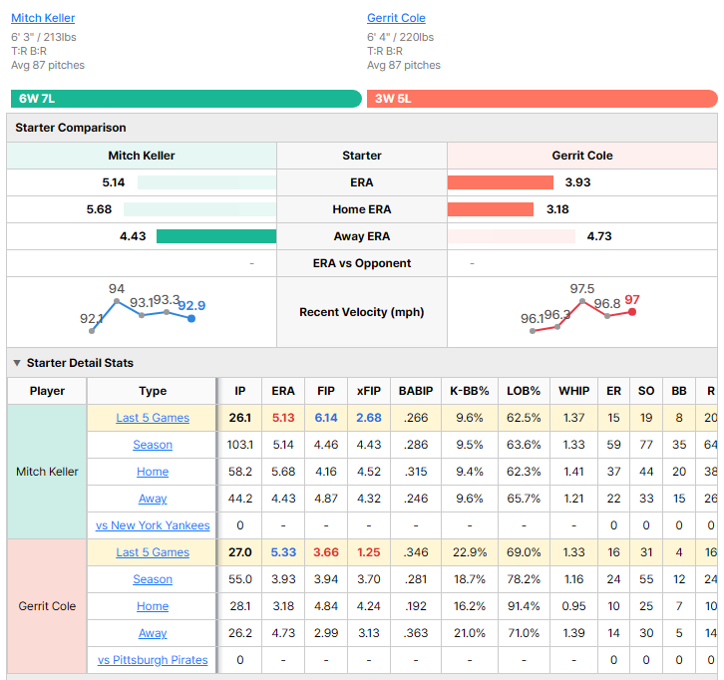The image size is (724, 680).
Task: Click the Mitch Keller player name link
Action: pos(43,18)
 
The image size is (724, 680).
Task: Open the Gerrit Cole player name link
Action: pos(396,18)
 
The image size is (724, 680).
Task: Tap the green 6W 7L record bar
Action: pos(186,99)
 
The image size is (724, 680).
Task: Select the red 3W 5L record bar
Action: pos(543,99)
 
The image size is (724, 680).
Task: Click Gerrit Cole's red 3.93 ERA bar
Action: pos(500,182)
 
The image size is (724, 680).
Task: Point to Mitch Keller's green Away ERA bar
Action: pos(216,236)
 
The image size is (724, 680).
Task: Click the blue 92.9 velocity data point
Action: pos(191,318)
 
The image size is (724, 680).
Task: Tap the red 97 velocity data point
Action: pos(632,312)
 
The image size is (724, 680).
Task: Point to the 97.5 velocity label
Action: pos(581,289)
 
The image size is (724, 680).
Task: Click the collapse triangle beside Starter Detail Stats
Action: pos(17,363)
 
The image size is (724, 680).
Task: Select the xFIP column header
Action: pos(368,391)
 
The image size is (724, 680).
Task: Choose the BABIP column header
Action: pos(416,391)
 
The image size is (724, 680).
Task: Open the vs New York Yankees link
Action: pos(153,525)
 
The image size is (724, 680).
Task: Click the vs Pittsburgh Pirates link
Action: pos(153,660)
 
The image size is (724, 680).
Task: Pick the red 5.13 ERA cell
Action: pos(283,418)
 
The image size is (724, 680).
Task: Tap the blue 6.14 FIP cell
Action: pos(326,418)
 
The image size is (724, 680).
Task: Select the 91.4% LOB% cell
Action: pos(524,606)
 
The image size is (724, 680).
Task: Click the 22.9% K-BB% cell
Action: pos(470,552)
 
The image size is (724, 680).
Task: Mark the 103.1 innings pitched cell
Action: pos(240,445)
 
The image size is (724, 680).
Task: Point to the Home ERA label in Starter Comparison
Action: pos(362,209)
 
